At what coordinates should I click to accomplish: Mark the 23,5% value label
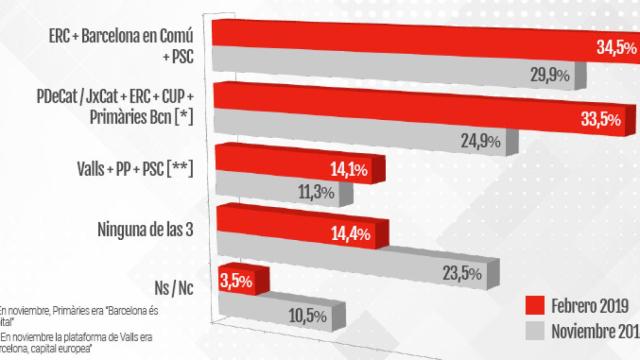pos(463,273)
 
